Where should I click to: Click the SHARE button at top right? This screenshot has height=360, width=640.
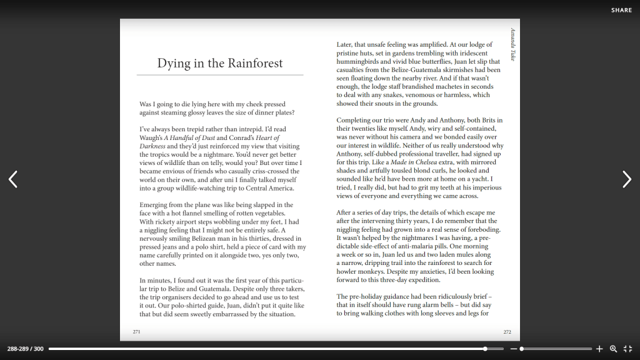[621, 10]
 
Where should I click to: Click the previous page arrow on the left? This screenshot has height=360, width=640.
[13, 179]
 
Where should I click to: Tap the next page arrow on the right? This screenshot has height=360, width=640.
[626, 179]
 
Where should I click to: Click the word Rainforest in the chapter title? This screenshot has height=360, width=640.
[255, 63]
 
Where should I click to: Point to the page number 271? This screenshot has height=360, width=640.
[136, 332]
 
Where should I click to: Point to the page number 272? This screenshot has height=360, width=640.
[507, 332]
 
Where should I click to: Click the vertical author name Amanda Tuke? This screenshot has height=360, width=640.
[512, 44]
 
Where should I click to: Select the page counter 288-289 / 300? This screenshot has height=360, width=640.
[26, 349]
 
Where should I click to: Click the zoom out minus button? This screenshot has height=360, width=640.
[514, 349]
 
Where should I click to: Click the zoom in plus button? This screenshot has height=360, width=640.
[599, 349]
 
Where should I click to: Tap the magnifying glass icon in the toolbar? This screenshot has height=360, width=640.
[613, 349]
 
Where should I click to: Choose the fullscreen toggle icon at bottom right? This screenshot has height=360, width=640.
[627, 349]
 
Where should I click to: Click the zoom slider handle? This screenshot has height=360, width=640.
[521, 349]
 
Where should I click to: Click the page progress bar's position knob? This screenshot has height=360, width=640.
[485, 349]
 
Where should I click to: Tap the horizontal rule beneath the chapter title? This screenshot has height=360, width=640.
[220, 75]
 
